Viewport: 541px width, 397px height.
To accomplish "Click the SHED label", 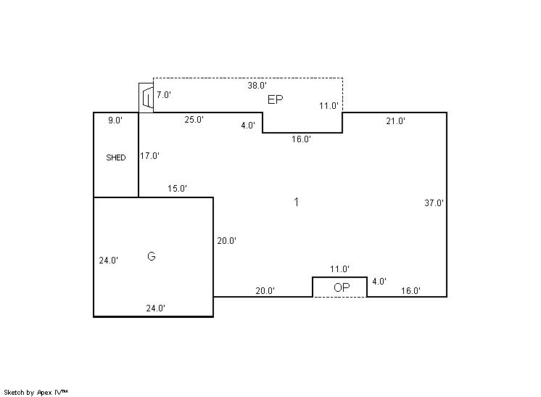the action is (116, 157).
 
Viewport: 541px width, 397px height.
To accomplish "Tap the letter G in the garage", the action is (152, 256).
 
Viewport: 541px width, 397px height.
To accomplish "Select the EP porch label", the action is (276, 99).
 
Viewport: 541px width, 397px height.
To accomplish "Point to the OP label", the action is (342, 287).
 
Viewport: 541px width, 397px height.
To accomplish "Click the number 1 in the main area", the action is (297, 202).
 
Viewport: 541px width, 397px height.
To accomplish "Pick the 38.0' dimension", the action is (257, 85).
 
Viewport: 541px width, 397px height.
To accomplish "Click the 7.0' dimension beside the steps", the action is (164, 94).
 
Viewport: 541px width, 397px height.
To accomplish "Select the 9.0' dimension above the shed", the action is (115, 120).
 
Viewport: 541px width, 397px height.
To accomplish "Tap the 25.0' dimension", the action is (194, 120).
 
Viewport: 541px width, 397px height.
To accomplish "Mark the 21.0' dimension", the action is (396, 120).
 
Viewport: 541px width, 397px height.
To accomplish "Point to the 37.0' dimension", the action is (434, 202).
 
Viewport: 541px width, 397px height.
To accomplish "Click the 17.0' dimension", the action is (149, 156).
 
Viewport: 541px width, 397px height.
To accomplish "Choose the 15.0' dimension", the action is (178, 189).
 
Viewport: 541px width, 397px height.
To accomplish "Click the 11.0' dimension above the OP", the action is (340, 269).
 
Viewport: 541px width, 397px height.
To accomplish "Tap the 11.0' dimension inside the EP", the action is (329, 106).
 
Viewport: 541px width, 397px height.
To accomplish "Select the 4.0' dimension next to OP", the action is (379, 282).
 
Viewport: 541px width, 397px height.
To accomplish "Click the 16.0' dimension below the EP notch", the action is (301, 139).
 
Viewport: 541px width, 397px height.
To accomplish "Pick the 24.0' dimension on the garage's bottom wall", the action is (156, 308).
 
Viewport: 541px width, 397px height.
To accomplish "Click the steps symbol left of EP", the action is (146, 97).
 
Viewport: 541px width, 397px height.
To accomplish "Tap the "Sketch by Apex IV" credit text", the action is (36, 392).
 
